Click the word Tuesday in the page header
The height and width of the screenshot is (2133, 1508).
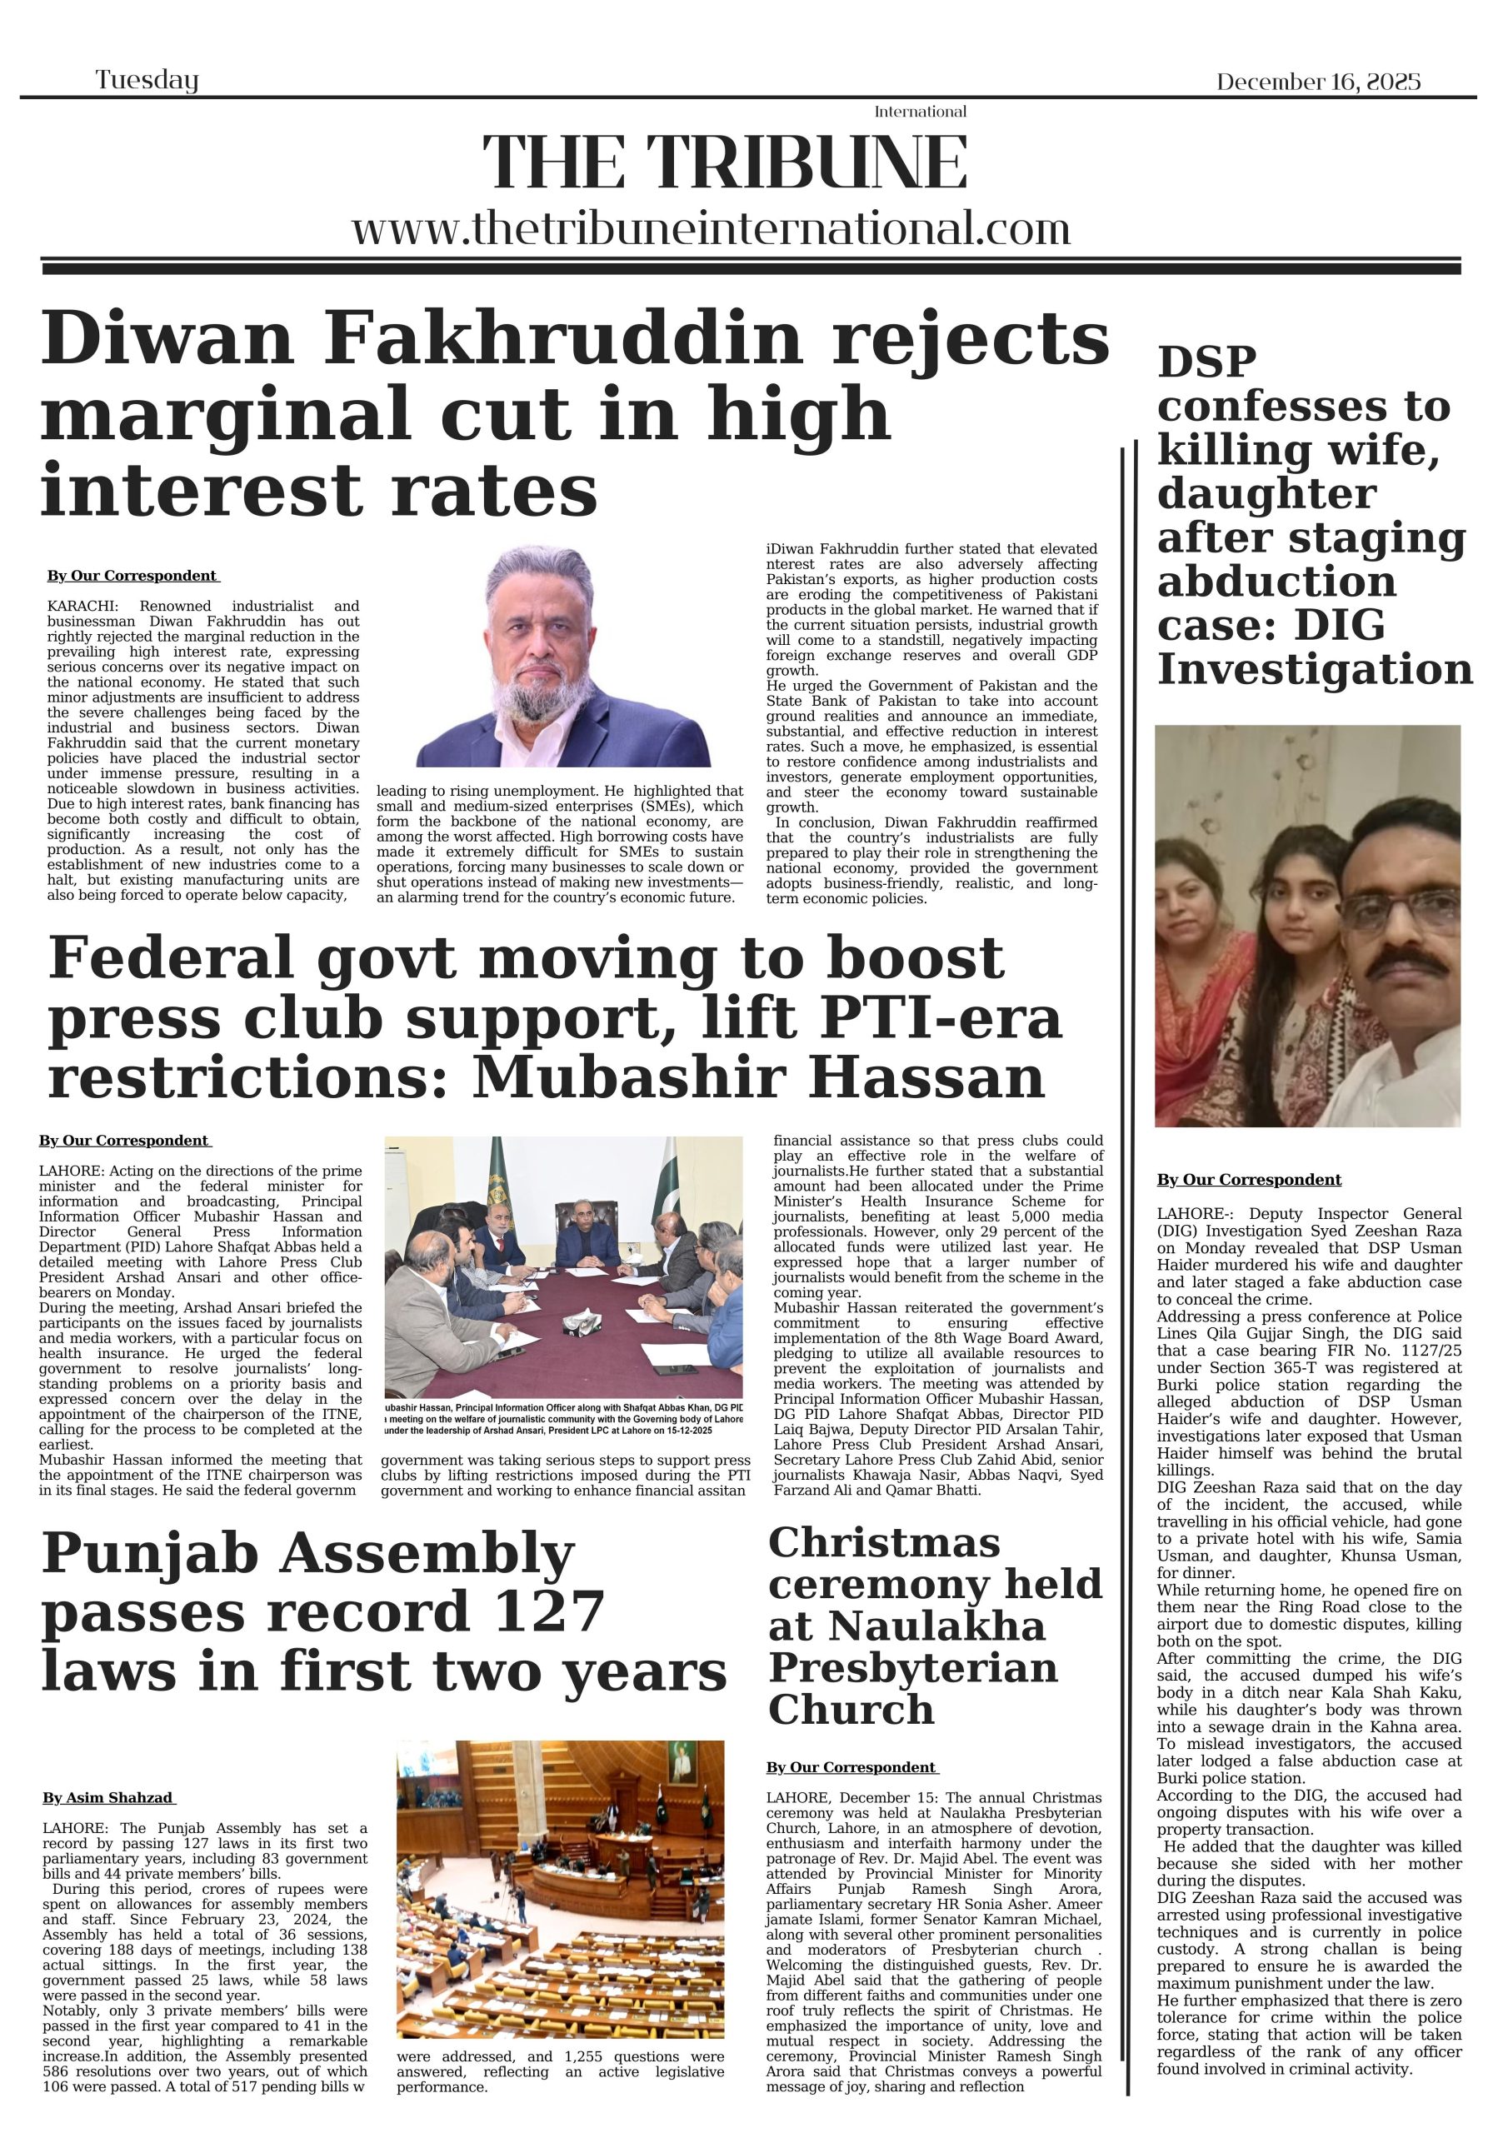tap(147, 81)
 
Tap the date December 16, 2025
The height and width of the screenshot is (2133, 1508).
tap(1317, 82)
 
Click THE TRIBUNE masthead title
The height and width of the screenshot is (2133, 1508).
tap(725, 162)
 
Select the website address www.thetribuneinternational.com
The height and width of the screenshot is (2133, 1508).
tap(711, 228)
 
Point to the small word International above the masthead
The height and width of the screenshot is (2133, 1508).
tap(920, 112)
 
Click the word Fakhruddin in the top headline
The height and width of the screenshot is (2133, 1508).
tap(562, 340)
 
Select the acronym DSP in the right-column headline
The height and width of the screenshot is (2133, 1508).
tap(1207, 362)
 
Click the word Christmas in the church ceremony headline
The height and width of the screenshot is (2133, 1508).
tap(884, 1543)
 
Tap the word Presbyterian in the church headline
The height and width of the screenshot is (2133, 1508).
tap(912, 1667)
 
